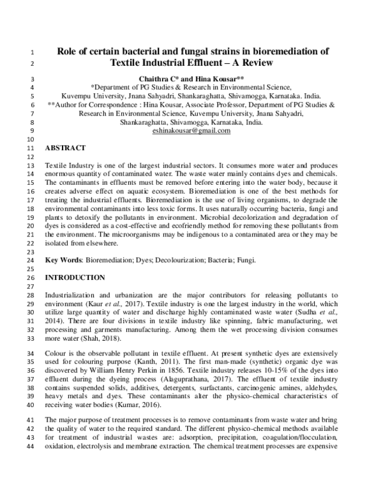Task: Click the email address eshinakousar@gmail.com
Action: coord(191,130)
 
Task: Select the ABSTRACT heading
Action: coord(67,148)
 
